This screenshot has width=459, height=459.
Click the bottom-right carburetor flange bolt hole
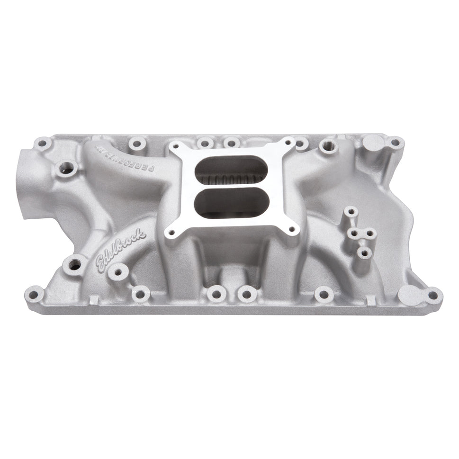(292, 230)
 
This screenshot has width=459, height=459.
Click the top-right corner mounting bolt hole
(395, 141)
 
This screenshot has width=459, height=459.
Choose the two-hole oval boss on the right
(361, 233)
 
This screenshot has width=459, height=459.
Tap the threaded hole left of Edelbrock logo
(75, 264)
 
